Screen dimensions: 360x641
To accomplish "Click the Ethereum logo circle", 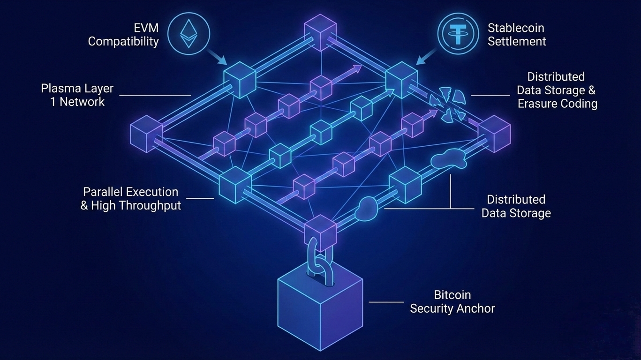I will click(x=189, y=33).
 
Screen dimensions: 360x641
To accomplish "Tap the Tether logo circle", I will click(x=458, y=33).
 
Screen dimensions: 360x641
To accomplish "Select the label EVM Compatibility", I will click(x=123, y=35).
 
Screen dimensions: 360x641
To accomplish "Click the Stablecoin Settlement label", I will click(x=517, y=35).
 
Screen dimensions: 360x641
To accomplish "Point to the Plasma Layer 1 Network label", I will click(x=77, y=95).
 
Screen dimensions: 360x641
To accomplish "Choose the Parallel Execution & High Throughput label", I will click(x=131, y=198).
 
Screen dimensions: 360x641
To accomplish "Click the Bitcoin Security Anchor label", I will click(x=452, y=301).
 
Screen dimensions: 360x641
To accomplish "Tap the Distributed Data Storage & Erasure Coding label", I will click(x=557, y=90).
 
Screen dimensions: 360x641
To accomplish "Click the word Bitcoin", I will click(x=452, y=295).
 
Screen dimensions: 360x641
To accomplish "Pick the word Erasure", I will click(x=537, y=104).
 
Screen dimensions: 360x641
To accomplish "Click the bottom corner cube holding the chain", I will click(x=321, y=232).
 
